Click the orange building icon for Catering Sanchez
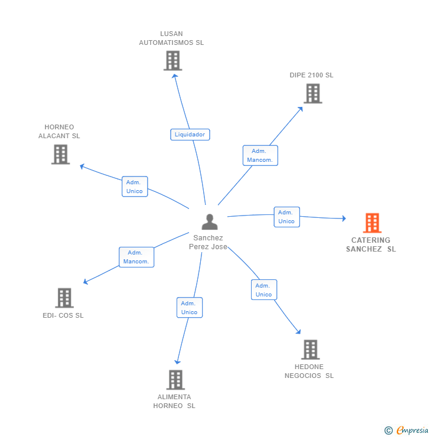point(372,223)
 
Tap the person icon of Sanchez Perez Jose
point(210,222)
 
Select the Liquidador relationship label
point(190,135)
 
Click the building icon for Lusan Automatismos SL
point(172,61)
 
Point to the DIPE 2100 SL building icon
point(312,93)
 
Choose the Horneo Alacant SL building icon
point(60,154)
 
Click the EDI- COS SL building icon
point(64,298)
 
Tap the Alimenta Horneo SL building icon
point(175,380)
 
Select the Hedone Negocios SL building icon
point(310,350)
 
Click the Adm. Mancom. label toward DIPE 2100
point(260,155)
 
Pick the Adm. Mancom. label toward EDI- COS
point(136,257)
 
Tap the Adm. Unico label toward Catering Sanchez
point(286,217)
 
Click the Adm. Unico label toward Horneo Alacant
point(135,187)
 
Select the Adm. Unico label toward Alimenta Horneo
point(189,308)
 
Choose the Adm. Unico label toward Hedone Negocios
point(263,290)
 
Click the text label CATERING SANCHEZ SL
point(371,244)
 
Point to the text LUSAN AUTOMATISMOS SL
point(171,38)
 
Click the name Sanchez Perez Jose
point(208,242)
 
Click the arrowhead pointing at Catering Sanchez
point(343,218)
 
